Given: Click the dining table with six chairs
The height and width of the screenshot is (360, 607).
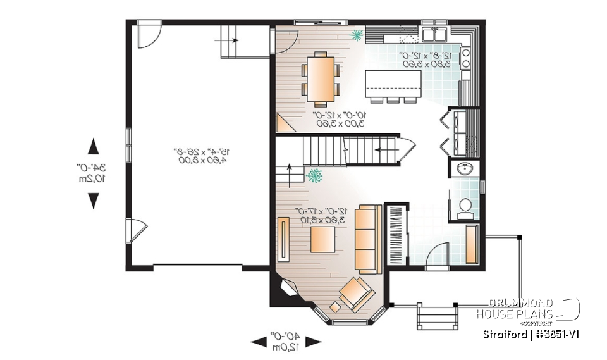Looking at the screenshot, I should pos(321,78).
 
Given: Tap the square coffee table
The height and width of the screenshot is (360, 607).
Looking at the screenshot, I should pos(323,239).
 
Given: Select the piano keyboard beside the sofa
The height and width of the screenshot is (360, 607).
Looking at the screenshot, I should pos(395,235).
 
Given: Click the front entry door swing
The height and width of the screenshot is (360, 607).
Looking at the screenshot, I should pos(436,259).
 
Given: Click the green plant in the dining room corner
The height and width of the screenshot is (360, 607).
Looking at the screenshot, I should pos(357,34).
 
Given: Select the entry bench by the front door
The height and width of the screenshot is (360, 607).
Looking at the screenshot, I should pos(471,244).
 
